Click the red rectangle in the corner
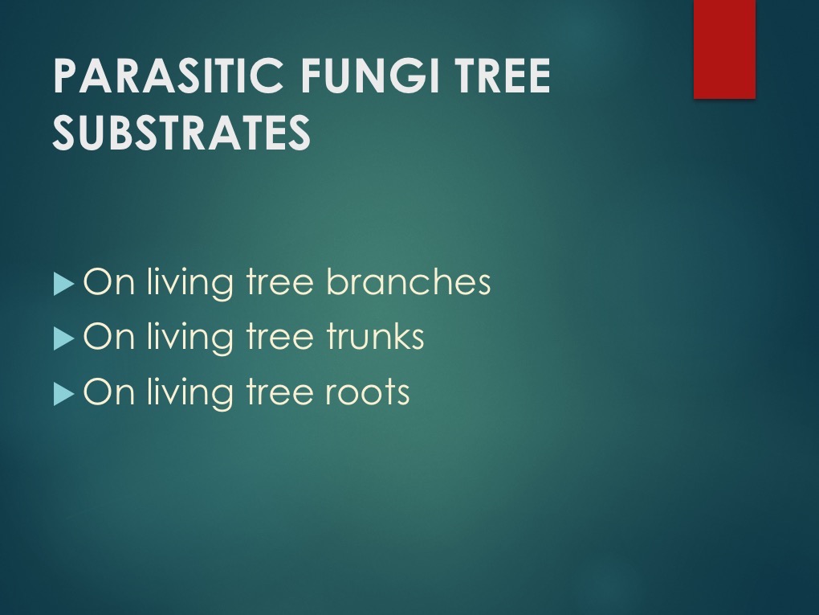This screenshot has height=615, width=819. [x=724, y=49]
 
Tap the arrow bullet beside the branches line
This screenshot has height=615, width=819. [x=63, y=284]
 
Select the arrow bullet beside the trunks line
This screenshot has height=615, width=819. [x=63, y=339]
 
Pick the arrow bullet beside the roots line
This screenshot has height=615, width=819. [x=63, y=394]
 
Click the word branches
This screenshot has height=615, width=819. [x=409, y=281]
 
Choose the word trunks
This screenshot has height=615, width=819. [x=375, y=336]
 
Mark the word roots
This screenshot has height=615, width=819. [x=368, y=392]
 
